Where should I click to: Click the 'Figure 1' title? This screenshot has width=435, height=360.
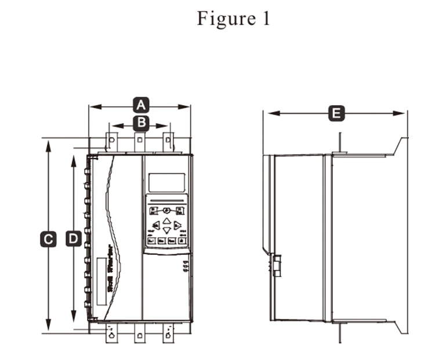tap(234, 19)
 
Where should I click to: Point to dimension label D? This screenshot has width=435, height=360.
tap(73, 239)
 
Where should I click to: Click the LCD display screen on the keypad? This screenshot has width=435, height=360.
tap(166, 182)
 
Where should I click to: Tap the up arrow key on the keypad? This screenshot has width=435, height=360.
tap(166, 221)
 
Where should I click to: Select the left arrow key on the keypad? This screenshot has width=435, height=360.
tap(156, 226)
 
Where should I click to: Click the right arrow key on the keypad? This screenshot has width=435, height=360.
tap(177, 226)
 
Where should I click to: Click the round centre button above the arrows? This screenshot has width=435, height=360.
tap(166, 211)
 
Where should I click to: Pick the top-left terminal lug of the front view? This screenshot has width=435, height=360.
tap(111, 141)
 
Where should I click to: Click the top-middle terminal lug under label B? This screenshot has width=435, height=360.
tap(140, 141)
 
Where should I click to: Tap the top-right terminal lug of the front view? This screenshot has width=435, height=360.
tap(168, 141)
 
